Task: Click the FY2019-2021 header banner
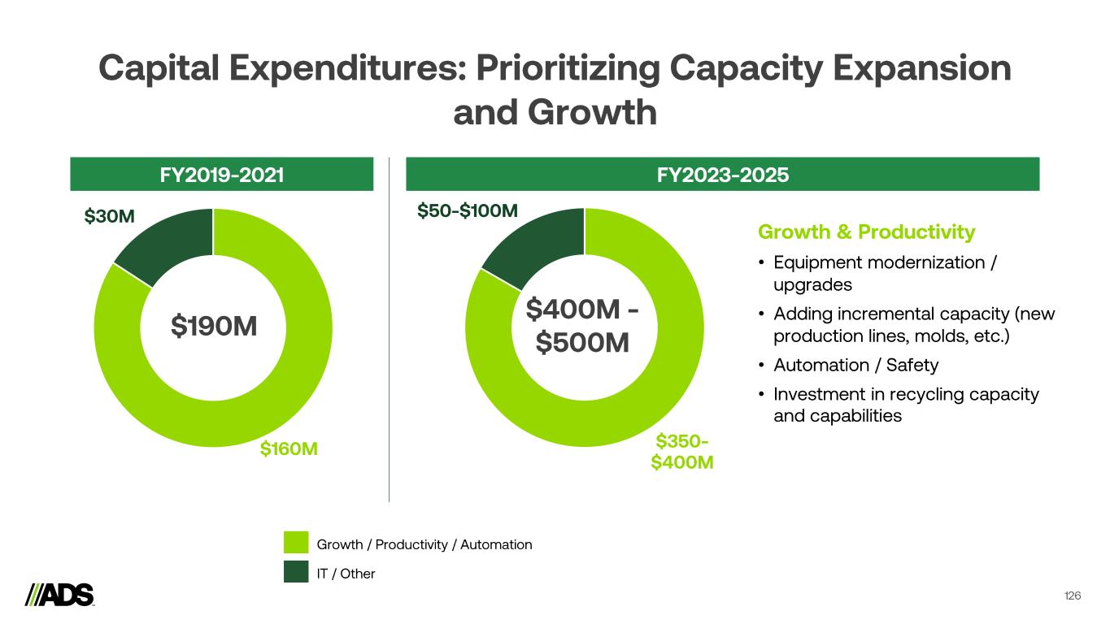(x=221, y=174)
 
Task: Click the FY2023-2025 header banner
(x=722, y=174)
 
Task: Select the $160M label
(x=289, y=448)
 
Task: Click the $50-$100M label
(x=468, y=212)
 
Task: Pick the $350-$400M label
(x=682, y=452)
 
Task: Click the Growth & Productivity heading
(x=866, y=232)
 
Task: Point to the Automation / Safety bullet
(x=855, y=365)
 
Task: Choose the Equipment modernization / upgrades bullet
(x=885, y=274)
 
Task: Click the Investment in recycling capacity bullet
(x=905, y=405)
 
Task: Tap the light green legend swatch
(x=296, y=544)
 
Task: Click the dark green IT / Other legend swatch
(x=296, y=572)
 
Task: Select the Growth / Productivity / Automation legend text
(x=425, y=544)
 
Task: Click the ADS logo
(x=59, y=595)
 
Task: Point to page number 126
(x=1073, y=596)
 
